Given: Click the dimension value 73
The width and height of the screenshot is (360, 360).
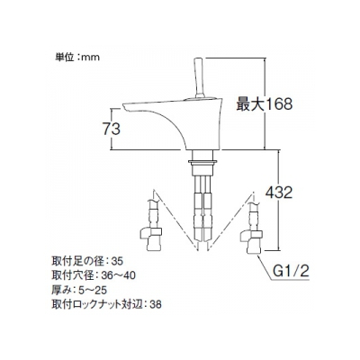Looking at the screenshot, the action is (x=112, y=130).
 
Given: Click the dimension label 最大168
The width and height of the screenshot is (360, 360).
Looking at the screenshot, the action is (x=264, y=104).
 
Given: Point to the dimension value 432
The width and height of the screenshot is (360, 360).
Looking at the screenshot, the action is (x=279, y=193).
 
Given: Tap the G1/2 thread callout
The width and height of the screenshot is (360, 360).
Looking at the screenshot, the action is (x=291, y=272).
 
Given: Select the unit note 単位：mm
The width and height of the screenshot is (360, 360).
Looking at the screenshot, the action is (x=77, y=57).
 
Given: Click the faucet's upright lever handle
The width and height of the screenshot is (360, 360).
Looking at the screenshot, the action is (x=200, y=77).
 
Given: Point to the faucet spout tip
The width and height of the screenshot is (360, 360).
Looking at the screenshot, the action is (x=124, y=106).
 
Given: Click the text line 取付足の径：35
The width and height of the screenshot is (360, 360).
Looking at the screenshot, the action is (x=87, y=261).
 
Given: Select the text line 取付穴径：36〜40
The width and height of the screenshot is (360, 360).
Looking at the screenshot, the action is (x=94, y=275).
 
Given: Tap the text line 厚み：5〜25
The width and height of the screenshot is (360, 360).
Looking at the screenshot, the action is (x=79, y=290).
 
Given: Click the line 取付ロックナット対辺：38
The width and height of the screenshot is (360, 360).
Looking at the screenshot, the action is (x=106, y=304).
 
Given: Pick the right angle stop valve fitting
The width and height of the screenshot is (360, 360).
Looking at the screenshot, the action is (x=252, y=241).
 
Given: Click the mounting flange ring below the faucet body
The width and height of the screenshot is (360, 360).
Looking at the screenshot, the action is (x=202, y=163).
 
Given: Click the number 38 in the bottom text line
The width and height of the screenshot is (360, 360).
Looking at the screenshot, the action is (x=156, y=305).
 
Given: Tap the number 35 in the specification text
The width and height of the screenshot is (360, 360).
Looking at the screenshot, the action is (x=117, y=261).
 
